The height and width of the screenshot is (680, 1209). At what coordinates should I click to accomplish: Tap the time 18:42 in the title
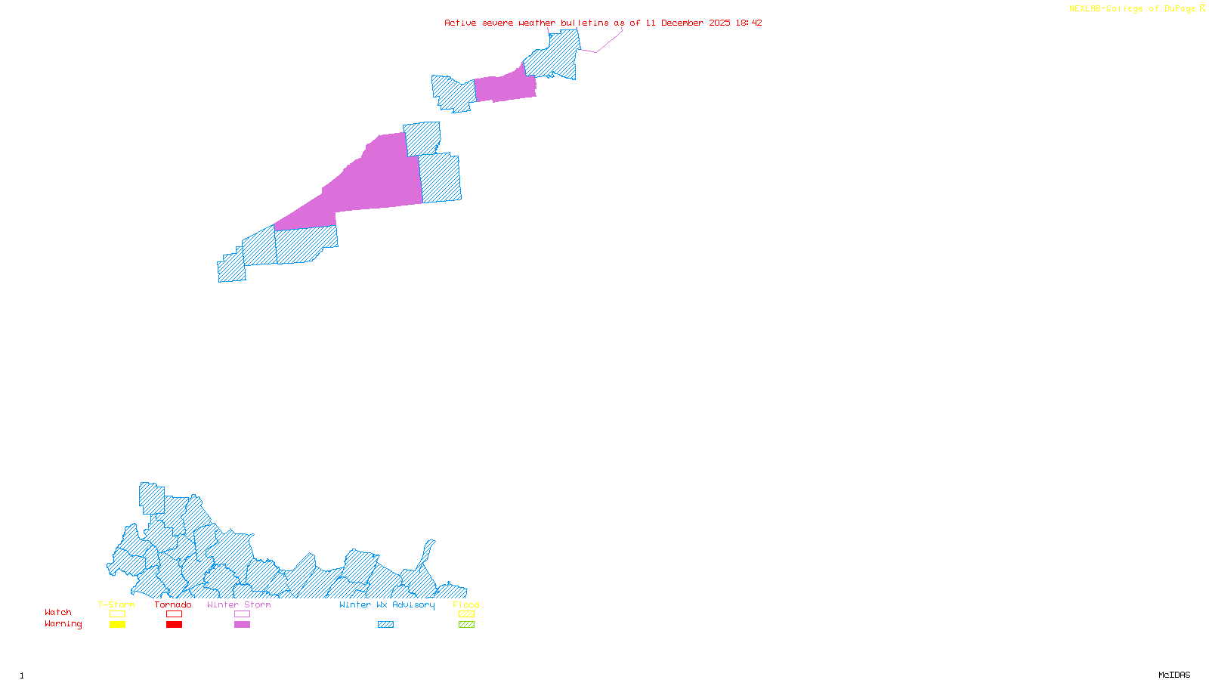749,23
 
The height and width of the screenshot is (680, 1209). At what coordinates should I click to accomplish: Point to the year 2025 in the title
719,23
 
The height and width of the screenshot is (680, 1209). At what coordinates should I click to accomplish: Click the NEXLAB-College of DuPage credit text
1133,9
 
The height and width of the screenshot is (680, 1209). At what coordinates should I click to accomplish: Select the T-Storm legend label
116,604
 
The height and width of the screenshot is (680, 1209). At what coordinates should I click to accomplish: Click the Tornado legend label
173,604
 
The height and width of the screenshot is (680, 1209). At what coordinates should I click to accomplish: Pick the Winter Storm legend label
239,604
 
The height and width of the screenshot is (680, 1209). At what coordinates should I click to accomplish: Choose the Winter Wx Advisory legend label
387,604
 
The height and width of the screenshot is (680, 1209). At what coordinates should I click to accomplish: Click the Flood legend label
466,604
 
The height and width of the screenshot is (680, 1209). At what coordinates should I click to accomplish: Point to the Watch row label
58,612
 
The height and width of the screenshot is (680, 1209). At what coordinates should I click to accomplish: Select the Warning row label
63,624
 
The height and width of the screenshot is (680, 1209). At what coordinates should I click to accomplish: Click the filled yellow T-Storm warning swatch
117,625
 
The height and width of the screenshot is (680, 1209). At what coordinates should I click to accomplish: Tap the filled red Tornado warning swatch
175,625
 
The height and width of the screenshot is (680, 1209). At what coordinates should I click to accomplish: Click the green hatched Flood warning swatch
467,625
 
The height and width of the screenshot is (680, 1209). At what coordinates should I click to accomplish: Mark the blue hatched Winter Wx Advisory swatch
385,625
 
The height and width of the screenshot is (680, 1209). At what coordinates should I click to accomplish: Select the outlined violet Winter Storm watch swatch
243,614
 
